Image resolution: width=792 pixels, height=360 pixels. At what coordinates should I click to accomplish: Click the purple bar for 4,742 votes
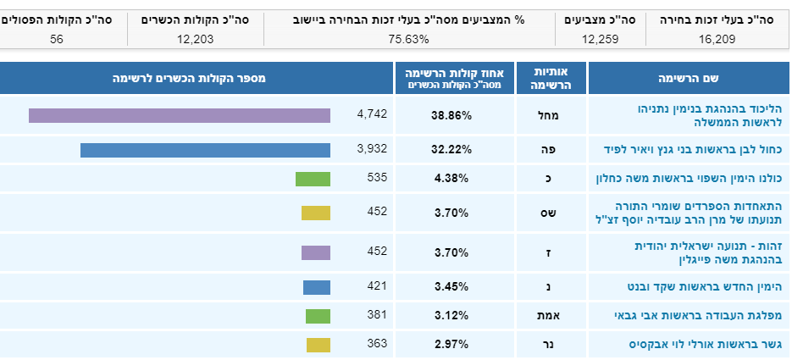[179, 115]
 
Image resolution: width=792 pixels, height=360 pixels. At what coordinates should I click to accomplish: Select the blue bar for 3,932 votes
[205, 150]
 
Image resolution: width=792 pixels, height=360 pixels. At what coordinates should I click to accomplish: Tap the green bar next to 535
[313, 178]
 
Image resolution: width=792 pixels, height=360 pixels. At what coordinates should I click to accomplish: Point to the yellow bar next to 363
[318, 344]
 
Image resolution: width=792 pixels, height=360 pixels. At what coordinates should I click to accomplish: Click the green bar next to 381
[318, 316]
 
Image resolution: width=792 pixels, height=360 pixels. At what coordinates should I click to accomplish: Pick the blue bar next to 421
[316, 287]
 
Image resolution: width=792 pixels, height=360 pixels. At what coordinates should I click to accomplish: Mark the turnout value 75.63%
[409, 38]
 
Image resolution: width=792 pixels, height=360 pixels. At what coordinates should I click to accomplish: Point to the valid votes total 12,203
[194, 38]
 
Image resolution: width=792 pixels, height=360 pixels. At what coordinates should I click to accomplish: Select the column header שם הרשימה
[688, 78]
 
